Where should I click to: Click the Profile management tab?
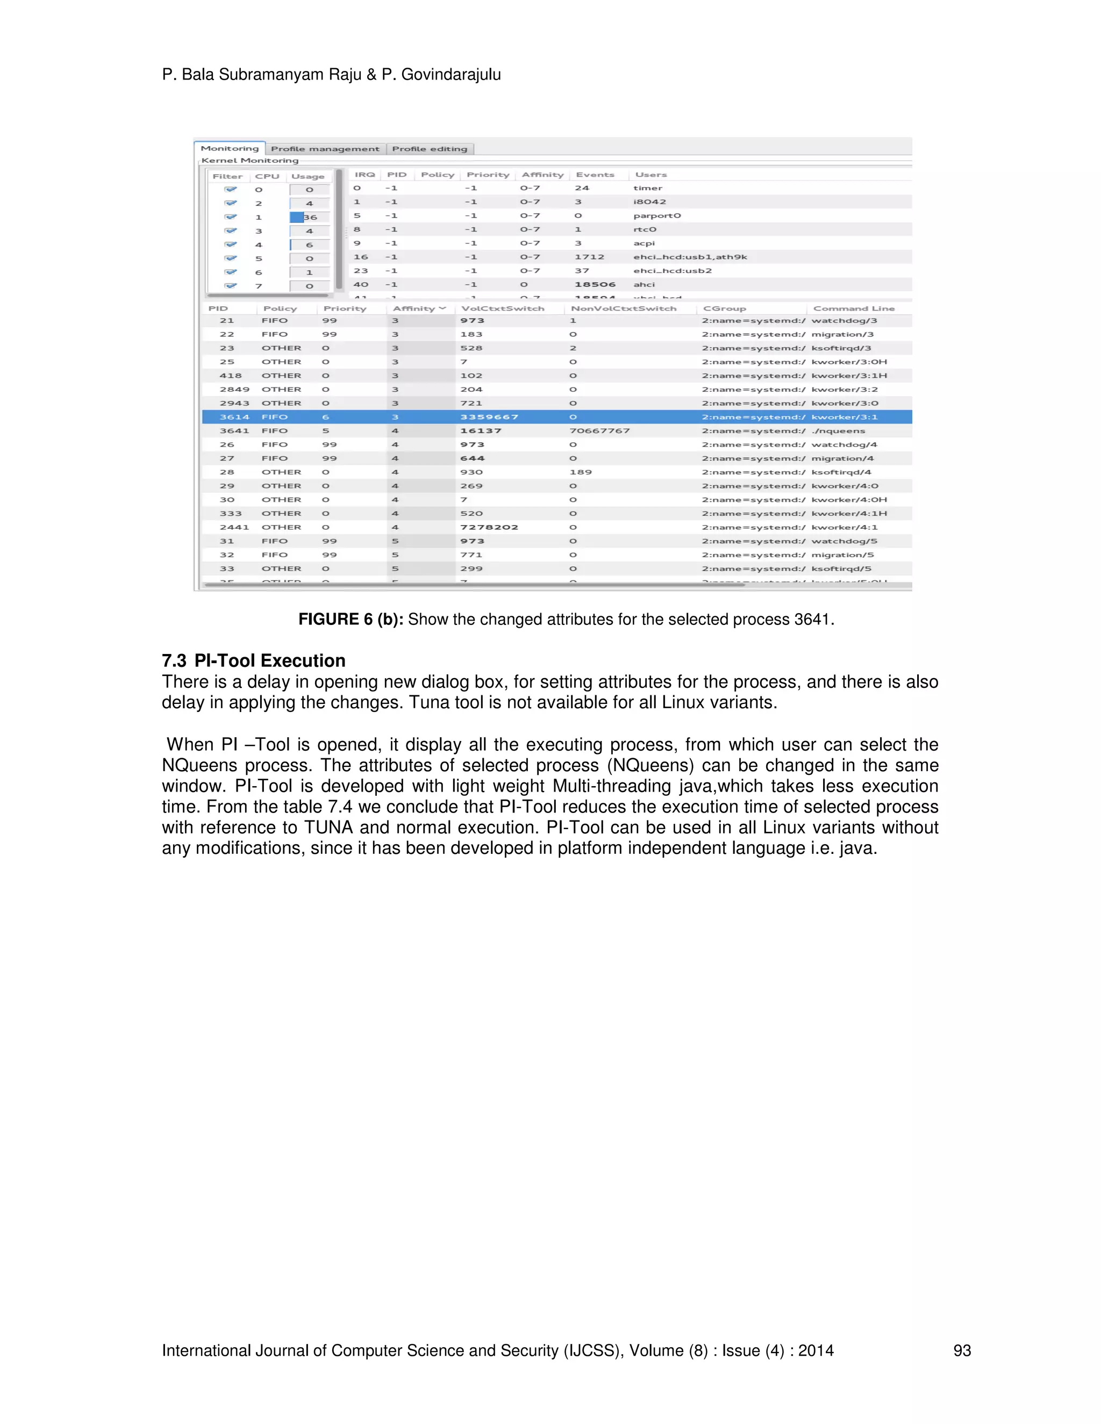pyautogui.click(x=325, y=149)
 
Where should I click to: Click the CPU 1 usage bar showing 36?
pyautogui.click(x=309, y=217)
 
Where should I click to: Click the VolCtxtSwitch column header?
pyautogui.click(x=502, y=308)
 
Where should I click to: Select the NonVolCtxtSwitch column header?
pyautogui.click(x=624, y=308)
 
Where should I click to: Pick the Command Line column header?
pyautogui.click(x=853, y=308)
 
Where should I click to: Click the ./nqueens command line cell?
pyautogui.click(x=838, y=431)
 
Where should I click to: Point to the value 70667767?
pyautogui.click(x=599, y=431)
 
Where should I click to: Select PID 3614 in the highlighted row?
pyautogui.click(x=234, y=418)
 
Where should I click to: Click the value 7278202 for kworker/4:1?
pyautogui.click(x=489, y=528)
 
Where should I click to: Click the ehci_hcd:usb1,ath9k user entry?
pyautogui.click(x=690, y=257)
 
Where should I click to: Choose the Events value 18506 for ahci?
pyautogui.click(x=595, y=285)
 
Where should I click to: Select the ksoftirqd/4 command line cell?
pyautogui.click(x=841, y=472)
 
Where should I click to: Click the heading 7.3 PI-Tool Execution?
pyautogui.click(x=254, y=660)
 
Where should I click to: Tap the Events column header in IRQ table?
pyautogui.click(x=595, y=175)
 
